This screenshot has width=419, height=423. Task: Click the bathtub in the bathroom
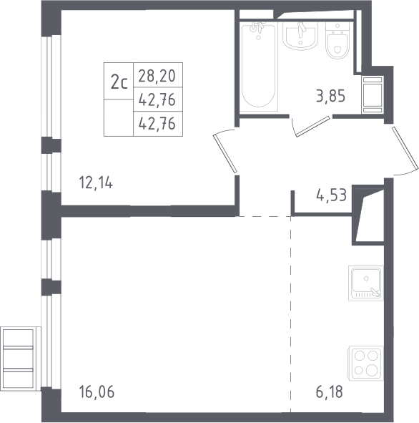259,67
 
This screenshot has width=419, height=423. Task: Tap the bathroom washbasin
300,36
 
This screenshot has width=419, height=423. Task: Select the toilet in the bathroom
337,41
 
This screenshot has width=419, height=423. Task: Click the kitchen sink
365,283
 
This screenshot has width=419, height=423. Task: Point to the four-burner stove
366,363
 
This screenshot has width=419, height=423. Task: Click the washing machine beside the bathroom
373,94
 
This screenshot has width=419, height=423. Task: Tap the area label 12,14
96,183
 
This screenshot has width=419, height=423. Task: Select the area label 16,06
97,392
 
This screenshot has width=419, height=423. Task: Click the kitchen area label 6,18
330,392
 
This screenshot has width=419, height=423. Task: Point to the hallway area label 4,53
331,195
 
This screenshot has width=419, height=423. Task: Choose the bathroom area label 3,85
330,96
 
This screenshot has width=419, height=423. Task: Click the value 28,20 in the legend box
157,76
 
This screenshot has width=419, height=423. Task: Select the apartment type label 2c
119,82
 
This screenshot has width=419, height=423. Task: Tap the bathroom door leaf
313,126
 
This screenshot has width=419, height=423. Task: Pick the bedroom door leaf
225,153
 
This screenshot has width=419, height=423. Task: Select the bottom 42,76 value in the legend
157,124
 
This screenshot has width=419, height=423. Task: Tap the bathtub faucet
258,28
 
